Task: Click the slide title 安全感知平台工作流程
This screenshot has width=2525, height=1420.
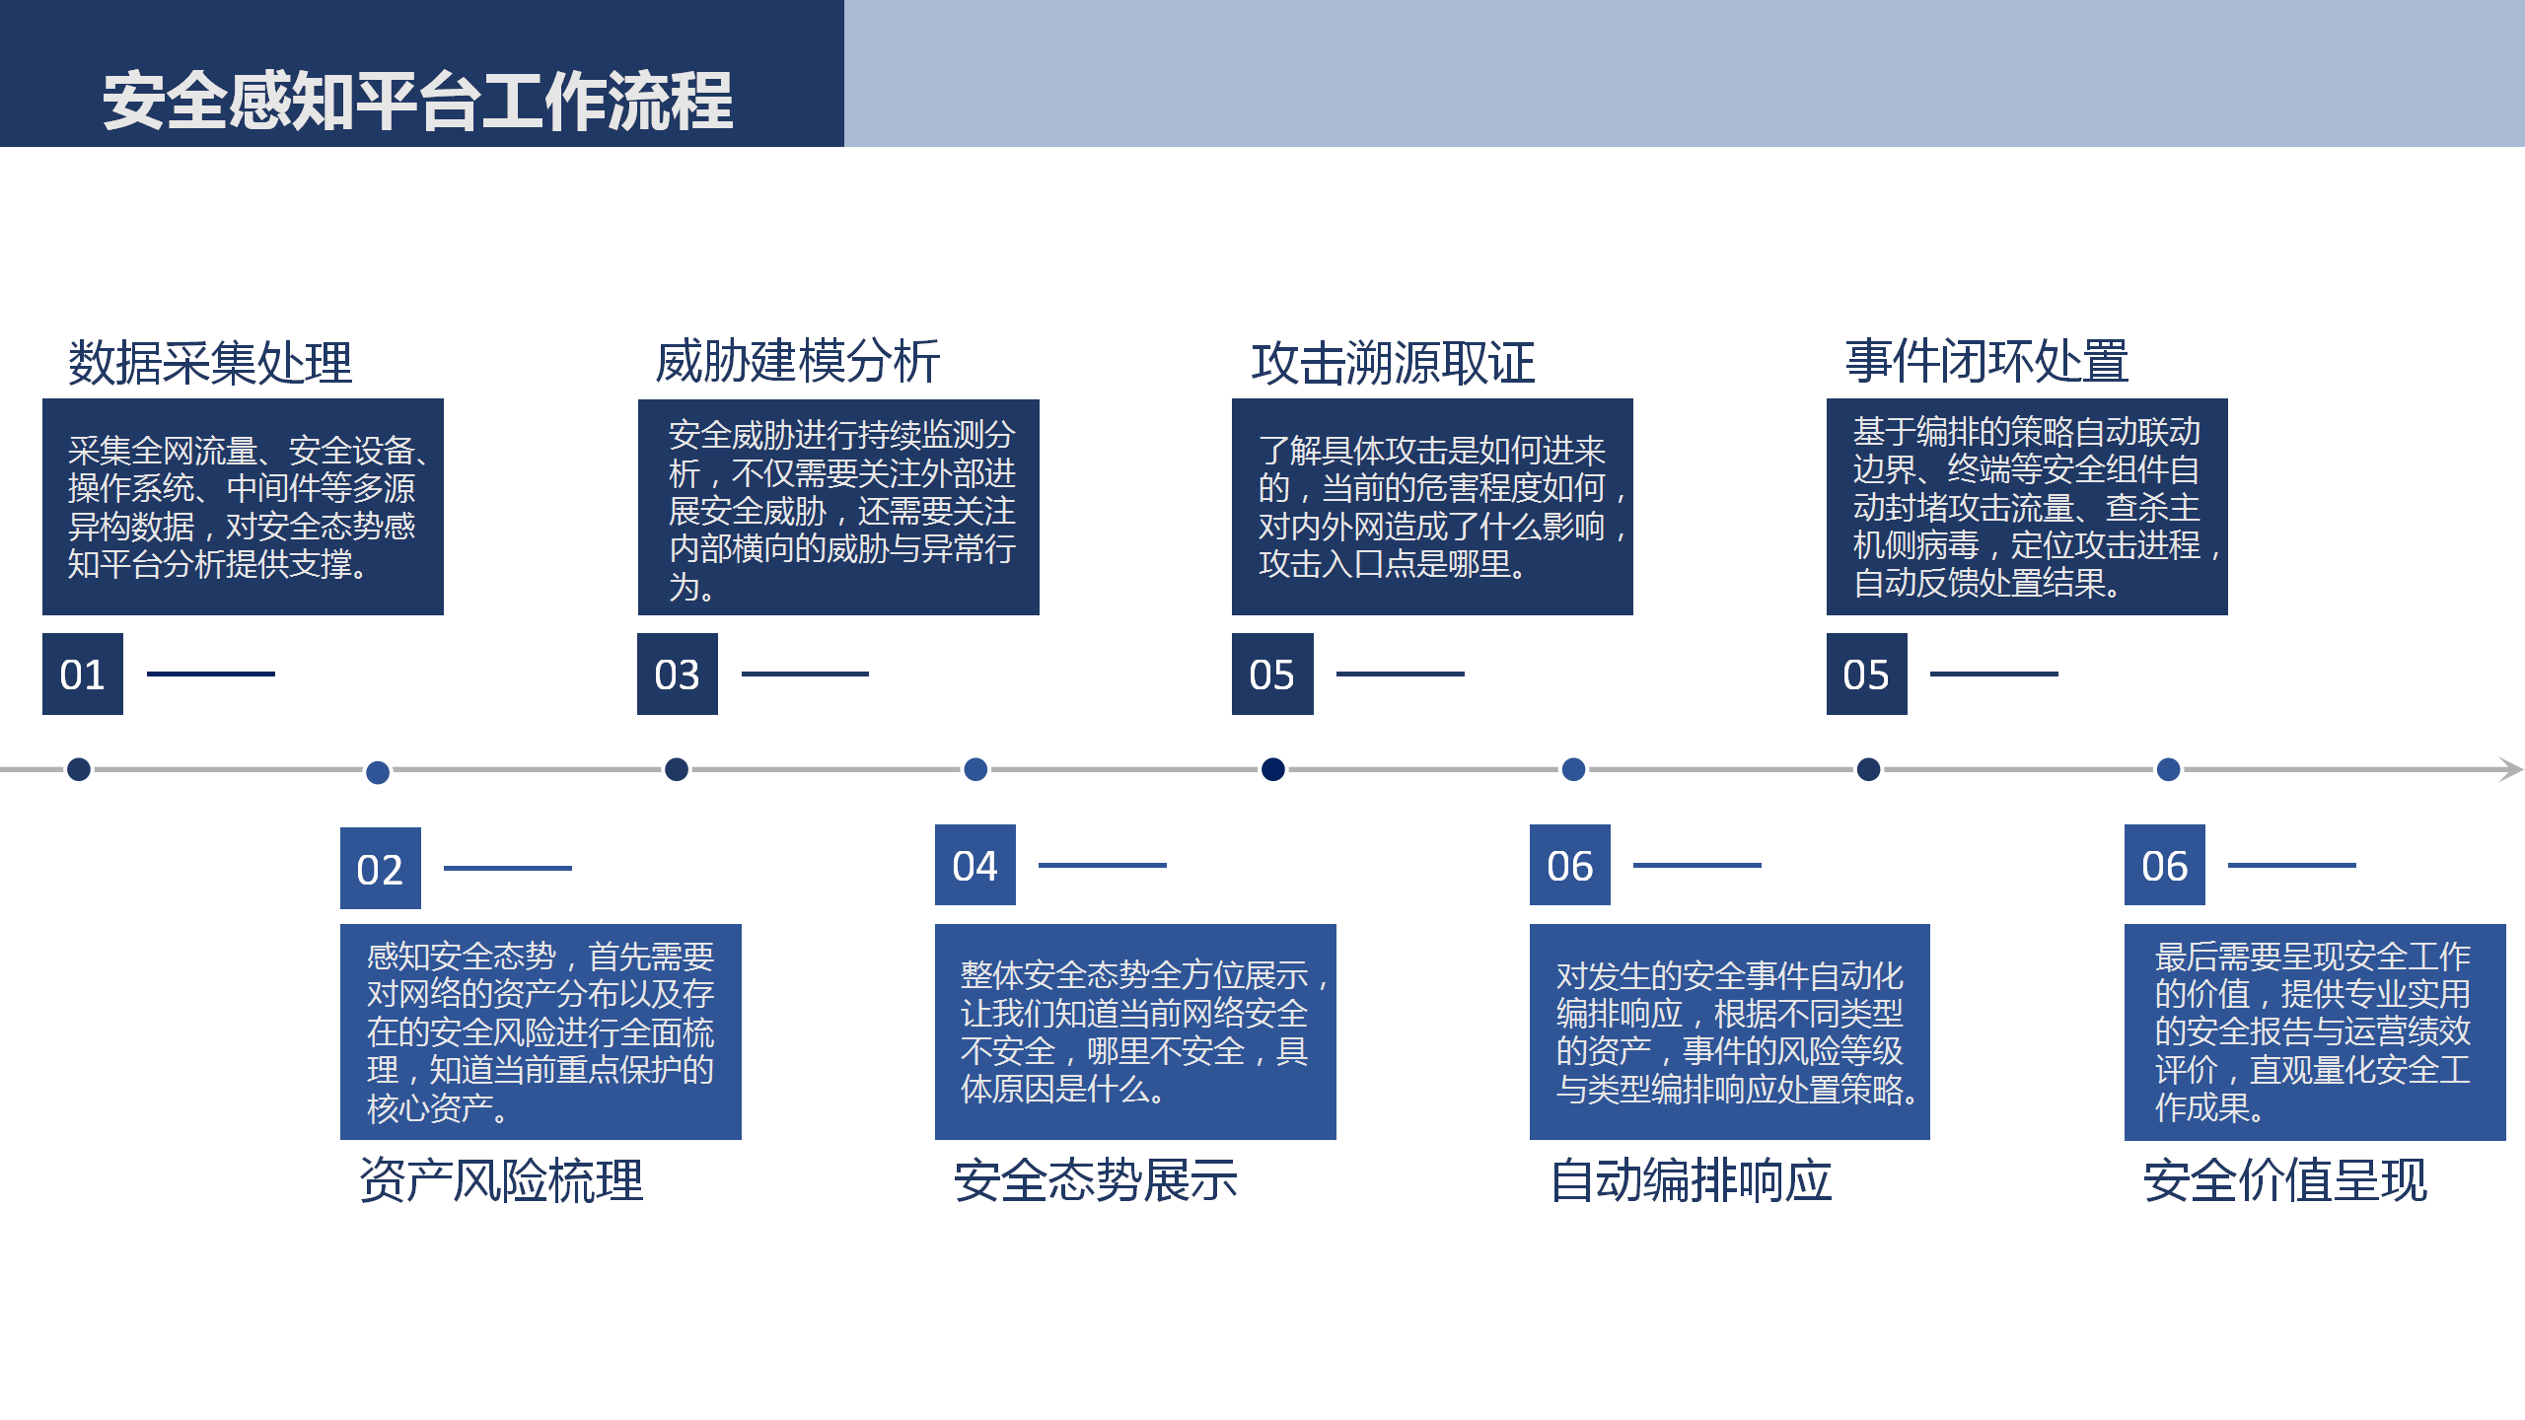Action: point(418,101)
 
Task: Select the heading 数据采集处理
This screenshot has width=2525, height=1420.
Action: point(210,362)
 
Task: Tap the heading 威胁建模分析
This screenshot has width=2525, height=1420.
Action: point(798,361)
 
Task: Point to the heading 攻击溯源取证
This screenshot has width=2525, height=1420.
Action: point(1394,363)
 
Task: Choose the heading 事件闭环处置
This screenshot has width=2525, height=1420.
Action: point(1986,361)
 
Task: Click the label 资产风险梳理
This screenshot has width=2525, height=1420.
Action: point(501,1180)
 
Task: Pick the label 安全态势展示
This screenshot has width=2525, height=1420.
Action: point(1096,1180)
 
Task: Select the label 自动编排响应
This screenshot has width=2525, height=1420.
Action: point(1692,1180)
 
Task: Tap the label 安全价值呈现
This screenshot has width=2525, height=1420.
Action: point(2285,1180)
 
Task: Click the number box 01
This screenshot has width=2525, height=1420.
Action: point(83,674)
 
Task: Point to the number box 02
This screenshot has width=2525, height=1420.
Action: point(381,868)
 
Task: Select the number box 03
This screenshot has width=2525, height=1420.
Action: point(678,674)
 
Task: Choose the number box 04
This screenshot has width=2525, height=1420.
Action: point(975,865)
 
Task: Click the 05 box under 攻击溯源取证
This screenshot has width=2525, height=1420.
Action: point(1272,674)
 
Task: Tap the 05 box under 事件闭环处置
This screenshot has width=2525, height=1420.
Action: point(1867,674)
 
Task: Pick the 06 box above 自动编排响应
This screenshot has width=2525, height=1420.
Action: point(1570,865)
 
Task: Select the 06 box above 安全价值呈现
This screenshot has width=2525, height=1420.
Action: point(2165,865)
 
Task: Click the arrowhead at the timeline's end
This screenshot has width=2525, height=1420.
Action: point(2515,769)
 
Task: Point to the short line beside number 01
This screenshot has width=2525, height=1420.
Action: point(211,674)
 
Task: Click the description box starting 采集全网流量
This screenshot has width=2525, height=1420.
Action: point(243,507)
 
